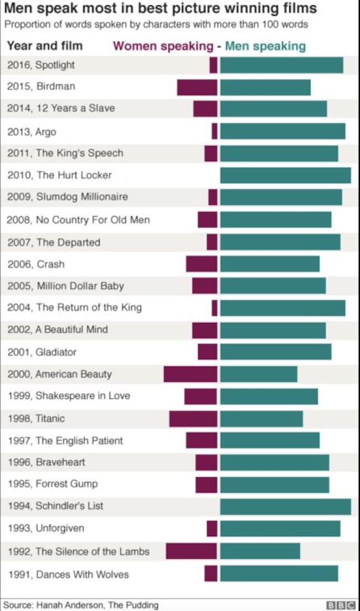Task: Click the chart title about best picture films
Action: pos(161,9)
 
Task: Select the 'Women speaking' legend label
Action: pos(163,46)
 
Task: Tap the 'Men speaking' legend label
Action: pos(265,46)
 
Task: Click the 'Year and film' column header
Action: pos(45,45)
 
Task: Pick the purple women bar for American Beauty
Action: pos(191,374)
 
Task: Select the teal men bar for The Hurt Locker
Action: pos(285,175)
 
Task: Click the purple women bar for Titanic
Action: pos(193,418)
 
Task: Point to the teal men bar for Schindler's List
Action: pos(285,506)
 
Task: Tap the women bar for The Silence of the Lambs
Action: pos(192,551)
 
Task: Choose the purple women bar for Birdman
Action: pos(197,87)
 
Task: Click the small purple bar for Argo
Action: pos(214,131)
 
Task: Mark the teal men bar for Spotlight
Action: pos(281,65)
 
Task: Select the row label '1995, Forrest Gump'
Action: pos(53,484)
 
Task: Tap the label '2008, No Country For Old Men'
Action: pos(78,220)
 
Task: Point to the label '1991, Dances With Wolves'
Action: pos(68,574)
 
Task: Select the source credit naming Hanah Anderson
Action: pos(81,605)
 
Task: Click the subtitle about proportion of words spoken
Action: pos(156,25)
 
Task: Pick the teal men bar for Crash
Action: pos(270,264)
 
